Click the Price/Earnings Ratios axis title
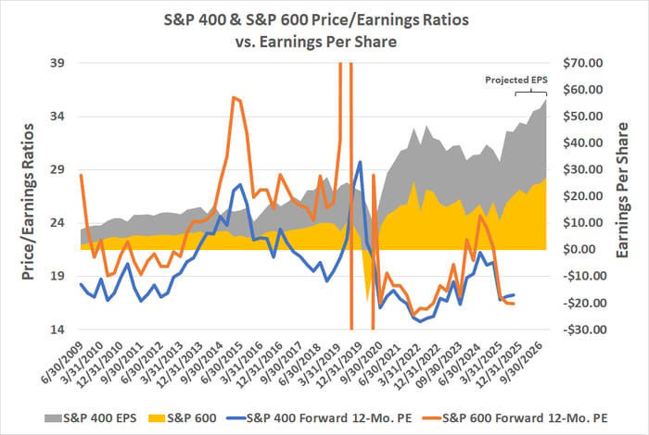coord(25,196)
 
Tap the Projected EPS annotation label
coord(516,81)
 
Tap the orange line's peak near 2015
coord(234,97)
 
